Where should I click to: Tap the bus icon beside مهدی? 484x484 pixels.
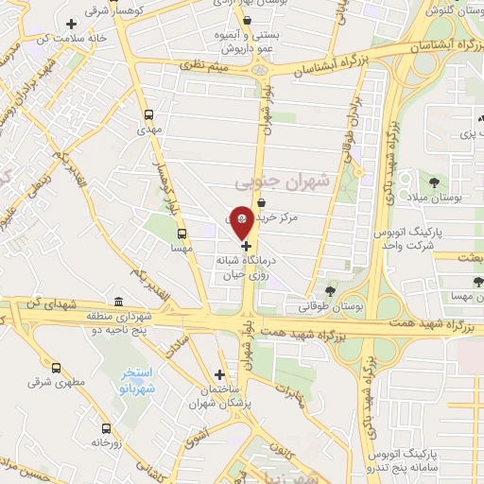(147, 114)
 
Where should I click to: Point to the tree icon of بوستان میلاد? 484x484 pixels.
(434, 182)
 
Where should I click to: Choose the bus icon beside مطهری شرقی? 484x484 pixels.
(56, 370)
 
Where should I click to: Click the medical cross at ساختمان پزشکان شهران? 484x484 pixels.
(220, 374)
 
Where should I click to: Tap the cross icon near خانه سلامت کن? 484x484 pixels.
(71, 23)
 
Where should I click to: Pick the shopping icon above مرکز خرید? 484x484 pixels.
(261, 202)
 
